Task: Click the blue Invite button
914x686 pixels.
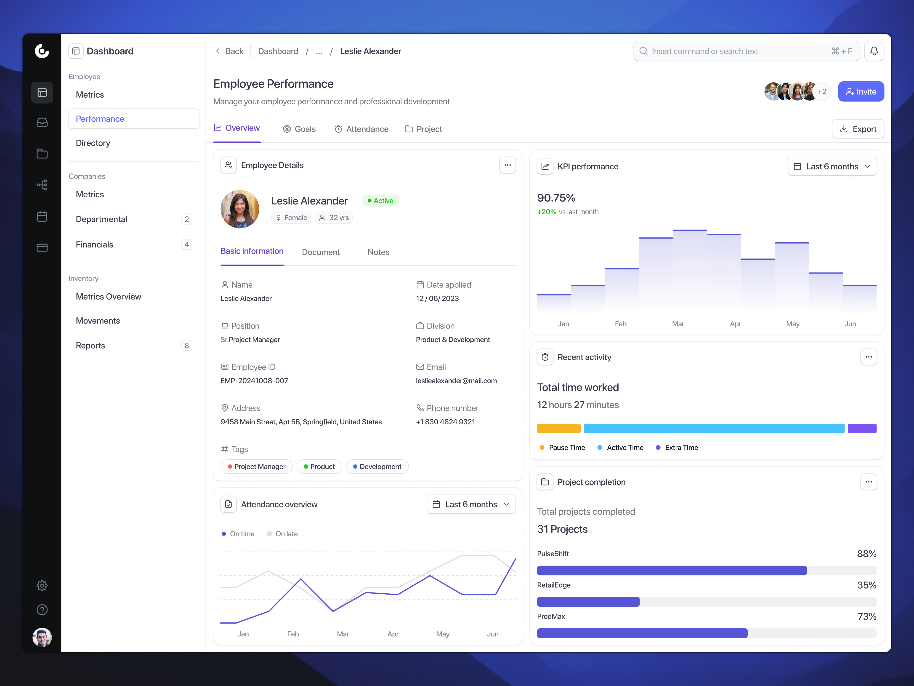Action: coord(861,91)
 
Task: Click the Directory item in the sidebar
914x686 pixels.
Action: coord(93,143)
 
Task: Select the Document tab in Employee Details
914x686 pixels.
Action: coord(321,252)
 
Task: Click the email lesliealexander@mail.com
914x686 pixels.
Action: coord(456,381)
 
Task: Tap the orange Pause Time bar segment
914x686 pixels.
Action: coord(558,428)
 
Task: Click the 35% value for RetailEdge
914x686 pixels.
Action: coord(866,585)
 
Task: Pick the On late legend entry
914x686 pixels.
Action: coord(282,534)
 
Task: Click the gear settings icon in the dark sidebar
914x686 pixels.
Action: coord(42,586)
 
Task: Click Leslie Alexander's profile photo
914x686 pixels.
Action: coord(240,209)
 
